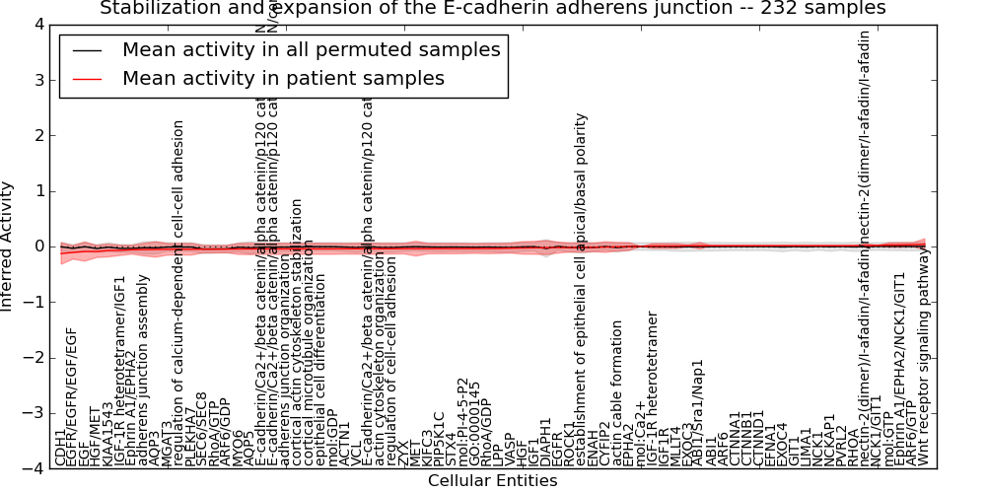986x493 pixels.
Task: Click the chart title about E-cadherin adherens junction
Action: [492, 9]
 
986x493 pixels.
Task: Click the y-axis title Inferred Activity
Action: [8, 246]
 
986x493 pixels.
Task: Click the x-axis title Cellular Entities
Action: [492, 481]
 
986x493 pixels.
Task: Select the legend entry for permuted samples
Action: [311, 50]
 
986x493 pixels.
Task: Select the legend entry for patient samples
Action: [283, 79]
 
